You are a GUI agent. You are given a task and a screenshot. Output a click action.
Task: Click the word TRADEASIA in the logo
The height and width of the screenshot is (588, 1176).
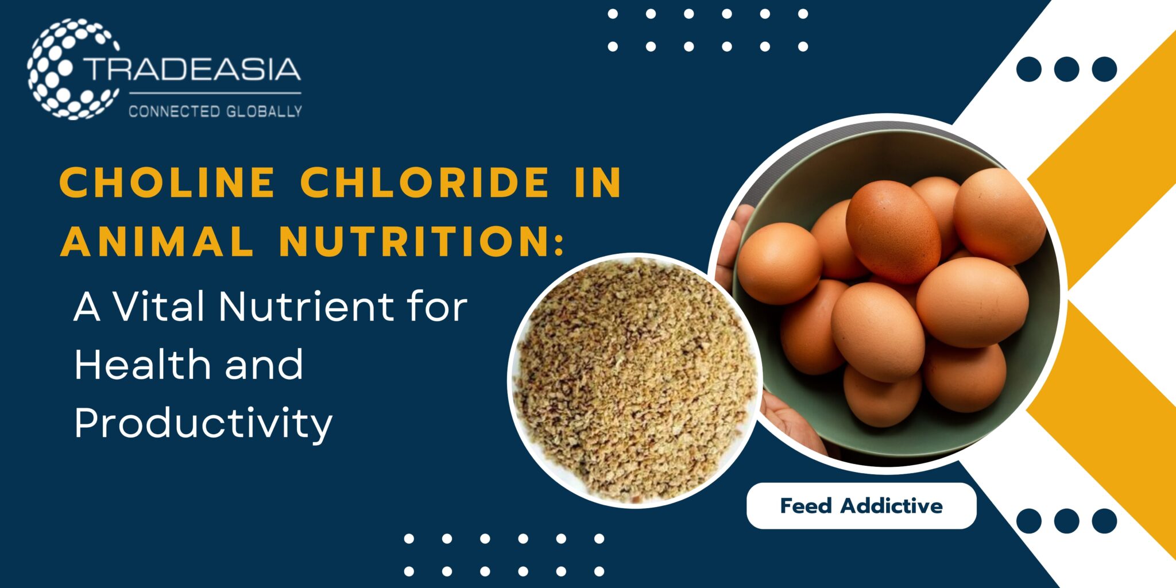193,69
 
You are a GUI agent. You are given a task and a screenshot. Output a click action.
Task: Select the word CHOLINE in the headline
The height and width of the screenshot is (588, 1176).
167,183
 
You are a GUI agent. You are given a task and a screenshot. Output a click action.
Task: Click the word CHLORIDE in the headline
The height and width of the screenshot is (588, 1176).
425,183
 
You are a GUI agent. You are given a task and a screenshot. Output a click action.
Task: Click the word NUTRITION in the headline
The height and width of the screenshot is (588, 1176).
413,241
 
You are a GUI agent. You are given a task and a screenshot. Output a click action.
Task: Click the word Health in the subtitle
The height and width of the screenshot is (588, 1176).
144,365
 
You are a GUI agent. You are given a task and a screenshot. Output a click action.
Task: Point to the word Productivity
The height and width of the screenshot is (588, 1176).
203,424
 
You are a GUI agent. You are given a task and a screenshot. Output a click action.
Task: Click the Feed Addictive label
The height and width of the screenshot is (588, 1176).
861,506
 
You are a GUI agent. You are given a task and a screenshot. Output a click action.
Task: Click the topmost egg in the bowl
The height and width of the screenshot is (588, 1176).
999,216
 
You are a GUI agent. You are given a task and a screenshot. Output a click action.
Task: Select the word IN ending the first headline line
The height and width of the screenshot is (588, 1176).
598,183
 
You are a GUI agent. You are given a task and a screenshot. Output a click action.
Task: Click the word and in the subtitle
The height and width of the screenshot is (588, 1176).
264,365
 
